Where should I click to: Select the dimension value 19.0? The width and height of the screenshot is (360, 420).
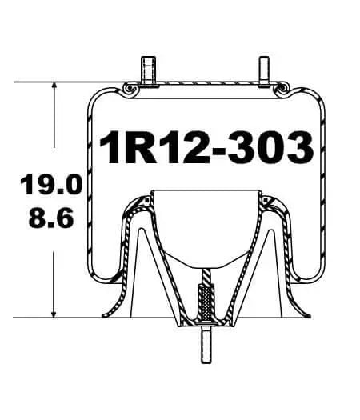click(50, 186)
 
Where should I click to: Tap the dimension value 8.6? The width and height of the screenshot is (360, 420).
click(50, 218)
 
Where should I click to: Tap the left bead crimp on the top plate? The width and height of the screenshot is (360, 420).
click(127, 90)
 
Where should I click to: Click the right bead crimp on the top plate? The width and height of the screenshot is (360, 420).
click(282, 90)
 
